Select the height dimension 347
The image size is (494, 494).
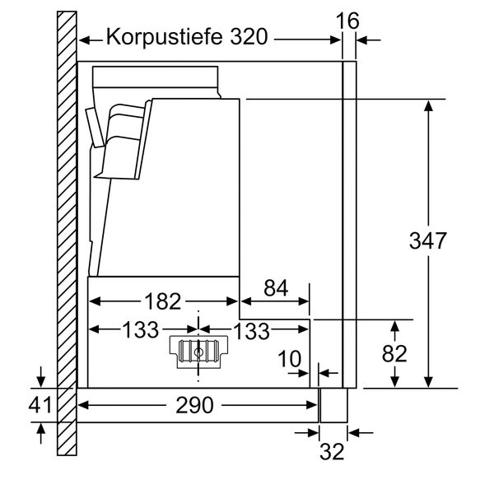(428, 240)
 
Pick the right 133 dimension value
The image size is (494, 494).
(252, 330)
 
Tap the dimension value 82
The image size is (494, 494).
(395, 353)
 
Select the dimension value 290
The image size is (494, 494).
(196, 405)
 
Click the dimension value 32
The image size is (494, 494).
(333, 451)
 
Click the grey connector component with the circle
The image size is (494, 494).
(198, 351)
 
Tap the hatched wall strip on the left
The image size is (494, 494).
(66, 231)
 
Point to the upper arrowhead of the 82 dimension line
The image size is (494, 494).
(395, 324)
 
